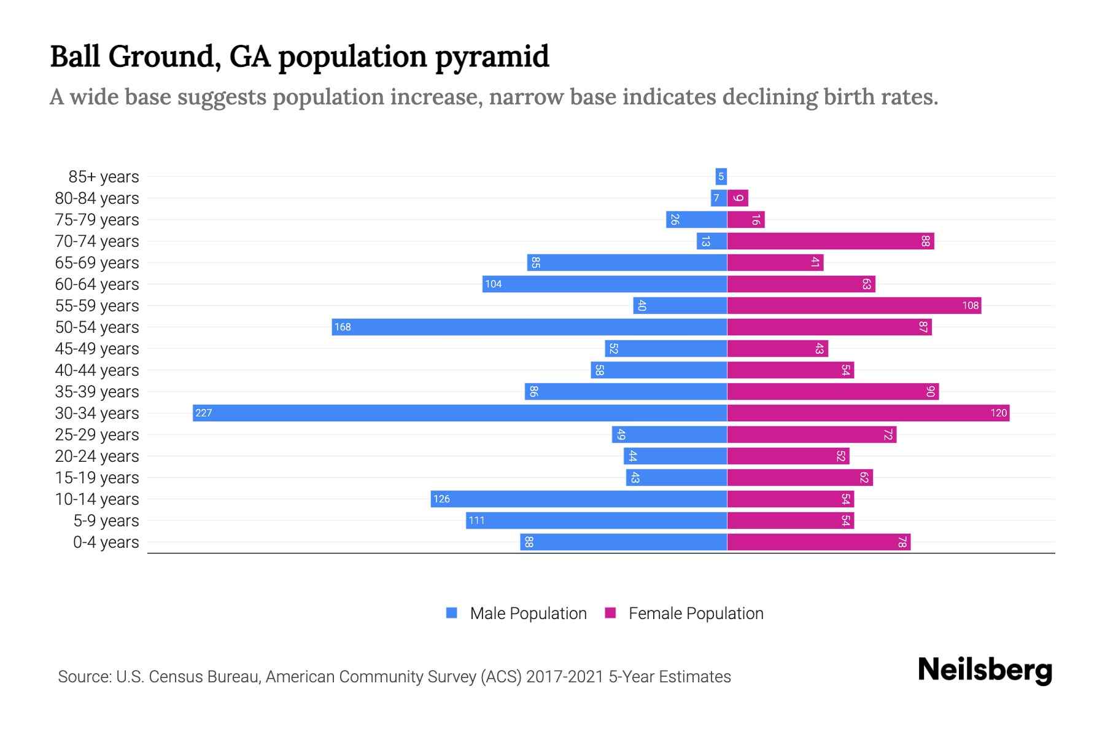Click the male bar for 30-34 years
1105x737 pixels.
tap(460, 413)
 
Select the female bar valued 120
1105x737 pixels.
tap(868, 413)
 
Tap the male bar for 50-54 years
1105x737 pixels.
tap(529, 327)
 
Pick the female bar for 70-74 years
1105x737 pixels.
tap(830, 241)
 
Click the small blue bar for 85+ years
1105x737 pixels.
tap(721, 176)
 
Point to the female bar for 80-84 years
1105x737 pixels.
tap(737, 198)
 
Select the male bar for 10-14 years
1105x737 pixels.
tap(578, 499)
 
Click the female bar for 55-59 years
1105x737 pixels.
tap(854, 305)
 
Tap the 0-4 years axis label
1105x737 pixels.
tap(106, 542)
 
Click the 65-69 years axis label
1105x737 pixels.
tap(97, 263)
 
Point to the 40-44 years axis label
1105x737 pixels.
tap(97, 370)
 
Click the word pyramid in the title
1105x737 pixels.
tap(492, 57)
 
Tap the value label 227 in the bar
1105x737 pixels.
tap(203, 413)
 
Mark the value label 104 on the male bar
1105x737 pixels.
tap(493, 284)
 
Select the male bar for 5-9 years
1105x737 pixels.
tap(596, 520)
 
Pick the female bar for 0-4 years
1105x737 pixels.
tap(818, 542)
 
